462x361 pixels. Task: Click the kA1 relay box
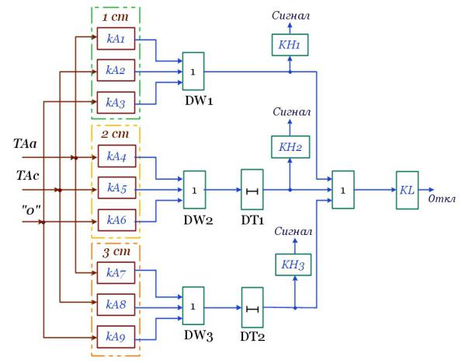tap(116, 39)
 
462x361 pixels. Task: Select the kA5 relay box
tap(117, 188)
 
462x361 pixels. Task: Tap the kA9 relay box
tap(116, 337)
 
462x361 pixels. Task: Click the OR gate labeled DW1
tap(193, 71)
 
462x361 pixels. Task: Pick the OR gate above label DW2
tap(194, 190)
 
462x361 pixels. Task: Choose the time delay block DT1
tap(252, 190)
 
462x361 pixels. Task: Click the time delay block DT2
tap(252, 307)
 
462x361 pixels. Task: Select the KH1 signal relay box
tap(290, 45)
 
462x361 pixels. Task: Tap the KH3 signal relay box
tap(294, 265)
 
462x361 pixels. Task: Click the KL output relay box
tap(407, 190)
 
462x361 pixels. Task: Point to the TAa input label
tap(25, 144)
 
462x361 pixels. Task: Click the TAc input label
tap(27, 176)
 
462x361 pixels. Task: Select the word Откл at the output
tap(442, 198)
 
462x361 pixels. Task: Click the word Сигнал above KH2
tap(291, 111)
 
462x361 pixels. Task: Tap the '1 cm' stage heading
tap(116, 17)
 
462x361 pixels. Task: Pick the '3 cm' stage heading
tap(116, 252)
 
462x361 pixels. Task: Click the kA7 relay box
tap(116, 273)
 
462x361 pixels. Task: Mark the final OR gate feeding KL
tap(343, 190)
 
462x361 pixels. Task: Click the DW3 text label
tap(198, 336)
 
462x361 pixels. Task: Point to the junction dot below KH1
tap(290, 72)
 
